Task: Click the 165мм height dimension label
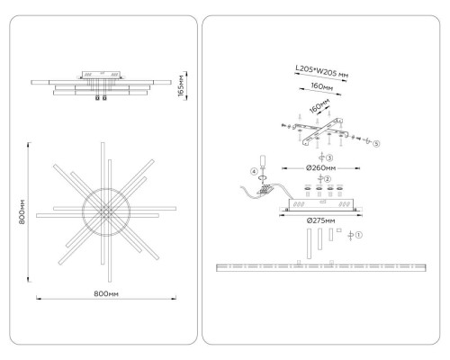(x=181, y=85)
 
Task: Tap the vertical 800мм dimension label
(x=22, y=212)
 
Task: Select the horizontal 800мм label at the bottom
(x=106, y=293)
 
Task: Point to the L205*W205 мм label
(x=321, y=72)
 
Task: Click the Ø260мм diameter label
(x=320, y=168)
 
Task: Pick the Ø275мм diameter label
(x=320, y=220)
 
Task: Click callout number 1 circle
(x=359, y=235)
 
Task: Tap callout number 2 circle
(x=328, y=179)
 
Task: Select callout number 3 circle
(x=329, y=157)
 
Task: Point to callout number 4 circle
(x=254, y=172)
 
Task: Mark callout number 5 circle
(x=376, y=144)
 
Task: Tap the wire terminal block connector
(x=265, y=190)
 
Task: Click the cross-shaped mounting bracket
(x=322, y=131)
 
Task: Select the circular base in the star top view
(x=106, y=212)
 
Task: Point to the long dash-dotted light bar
(x=321, y=267)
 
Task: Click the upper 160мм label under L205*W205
(x=321, y=86)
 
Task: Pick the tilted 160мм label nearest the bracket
(x=319, y=106)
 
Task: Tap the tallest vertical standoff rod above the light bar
(x=309, y=244)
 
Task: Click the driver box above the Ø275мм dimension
(x=320, y=204)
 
